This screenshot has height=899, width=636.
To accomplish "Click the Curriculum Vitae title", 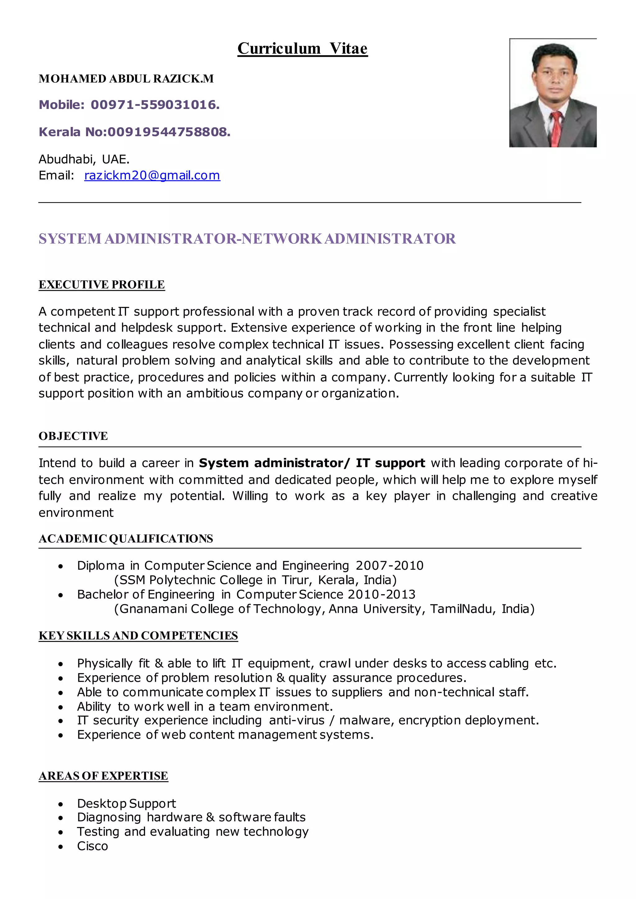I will pyautogui.click(x=302, y=48).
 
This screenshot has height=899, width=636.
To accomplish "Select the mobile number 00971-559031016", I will pyautogui.click(x=155, y=105).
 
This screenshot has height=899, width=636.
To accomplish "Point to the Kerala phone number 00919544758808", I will pyautogui.click(x=169, y=132).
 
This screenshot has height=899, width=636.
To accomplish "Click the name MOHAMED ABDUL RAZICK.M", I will pyautogui.click(x=126, y=79).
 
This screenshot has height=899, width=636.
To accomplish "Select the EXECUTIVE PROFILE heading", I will pyautogui.click(x=102, y=285).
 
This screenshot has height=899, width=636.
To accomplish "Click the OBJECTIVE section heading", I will pyautogui.click(x=73, y=436).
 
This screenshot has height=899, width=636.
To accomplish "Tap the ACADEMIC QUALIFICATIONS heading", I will pyautogui.click(x=126, y=539).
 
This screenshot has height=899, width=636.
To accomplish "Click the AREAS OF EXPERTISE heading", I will pyautogui.click(x=103, y=776).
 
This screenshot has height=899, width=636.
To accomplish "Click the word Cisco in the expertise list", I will pyautogui.click(x=93, y=846).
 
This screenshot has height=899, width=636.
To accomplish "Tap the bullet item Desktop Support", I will pyautogui.click(x=126, y=803).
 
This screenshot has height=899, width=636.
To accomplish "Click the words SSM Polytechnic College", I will pyautogui.click(x=191, y=580).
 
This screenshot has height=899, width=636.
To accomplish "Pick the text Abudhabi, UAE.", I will pyautogui.click(x=84, y=159).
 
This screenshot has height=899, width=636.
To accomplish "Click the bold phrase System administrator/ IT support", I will pyautogui.click(x=312, y=463).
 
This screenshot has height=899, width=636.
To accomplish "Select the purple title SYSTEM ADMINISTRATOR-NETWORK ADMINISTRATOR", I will pyautogui.click(x=247, y=239).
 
